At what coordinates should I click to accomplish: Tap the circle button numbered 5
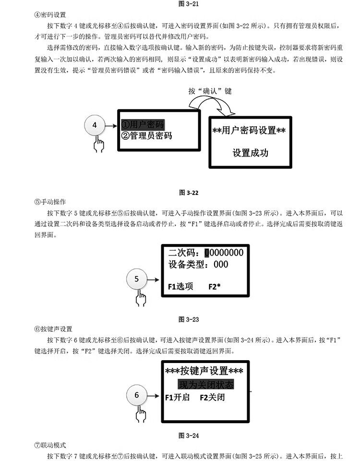coord(136,279)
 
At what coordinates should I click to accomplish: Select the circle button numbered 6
coord(136,396)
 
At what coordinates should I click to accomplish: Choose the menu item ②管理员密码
coord(146,135)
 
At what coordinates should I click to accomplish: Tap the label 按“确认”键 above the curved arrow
coord(210,91)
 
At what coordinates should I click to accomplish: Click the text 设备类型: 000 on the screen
coord(198,265)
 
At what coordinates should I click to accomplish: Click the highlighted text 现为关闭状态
coord(205,385)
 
